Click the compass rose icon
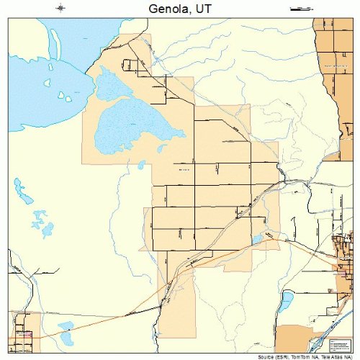click(61, 8)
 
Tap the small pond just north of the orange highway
click(257, 238)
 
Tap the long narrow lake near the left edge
click(19, 191)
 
